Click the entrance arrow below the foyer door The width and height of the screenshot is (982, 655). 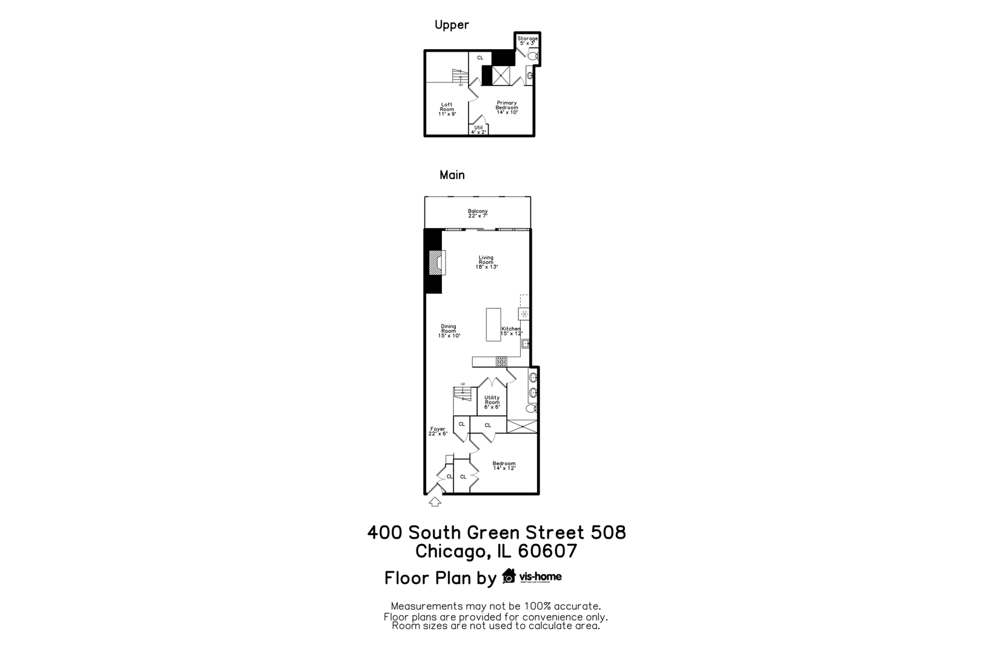(x=435, y=502)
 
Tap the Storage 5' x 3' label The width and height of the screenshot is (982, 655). (x=527, y=41)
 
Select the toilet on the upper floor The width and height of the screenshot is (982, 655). (x=533, y=56)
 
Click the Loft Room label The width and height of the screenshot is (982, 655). (x=447, y=109)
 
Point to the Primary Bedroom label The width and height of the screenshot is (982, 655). (x=507, y=107)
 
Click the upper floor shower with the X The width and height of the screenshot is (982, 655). (x=501, y=76)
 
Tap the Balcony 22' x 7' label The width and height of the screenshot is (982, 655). (x=478, y=213)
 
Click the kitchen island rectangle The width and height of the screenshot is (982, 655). (x=493, y=324)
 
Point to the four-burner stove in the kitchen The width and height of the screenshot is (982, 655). (x=501, y=361)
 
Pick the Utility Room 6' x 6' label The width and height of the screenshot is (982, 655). (x=492, y=402)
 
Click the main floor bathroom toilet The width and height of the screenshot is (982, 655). (x=531, y=409)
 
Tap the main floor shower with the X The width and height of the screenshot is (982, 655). (x=522, y=426)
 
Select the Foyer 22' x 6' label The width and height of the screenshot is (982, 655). (x=438, y=431)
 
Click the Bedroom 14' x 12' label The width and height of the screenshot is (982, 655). (x=504, y=466)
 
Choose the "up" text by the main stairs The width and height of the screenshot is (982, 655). (x=463, y=384)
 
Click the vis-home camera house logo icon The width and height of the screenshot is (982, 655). (x=509, y=577)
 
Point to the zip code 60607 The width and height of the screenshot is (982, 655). (x=547, y=551)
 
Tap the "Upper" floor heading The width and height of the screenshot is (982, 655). (x=452, y=25)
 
